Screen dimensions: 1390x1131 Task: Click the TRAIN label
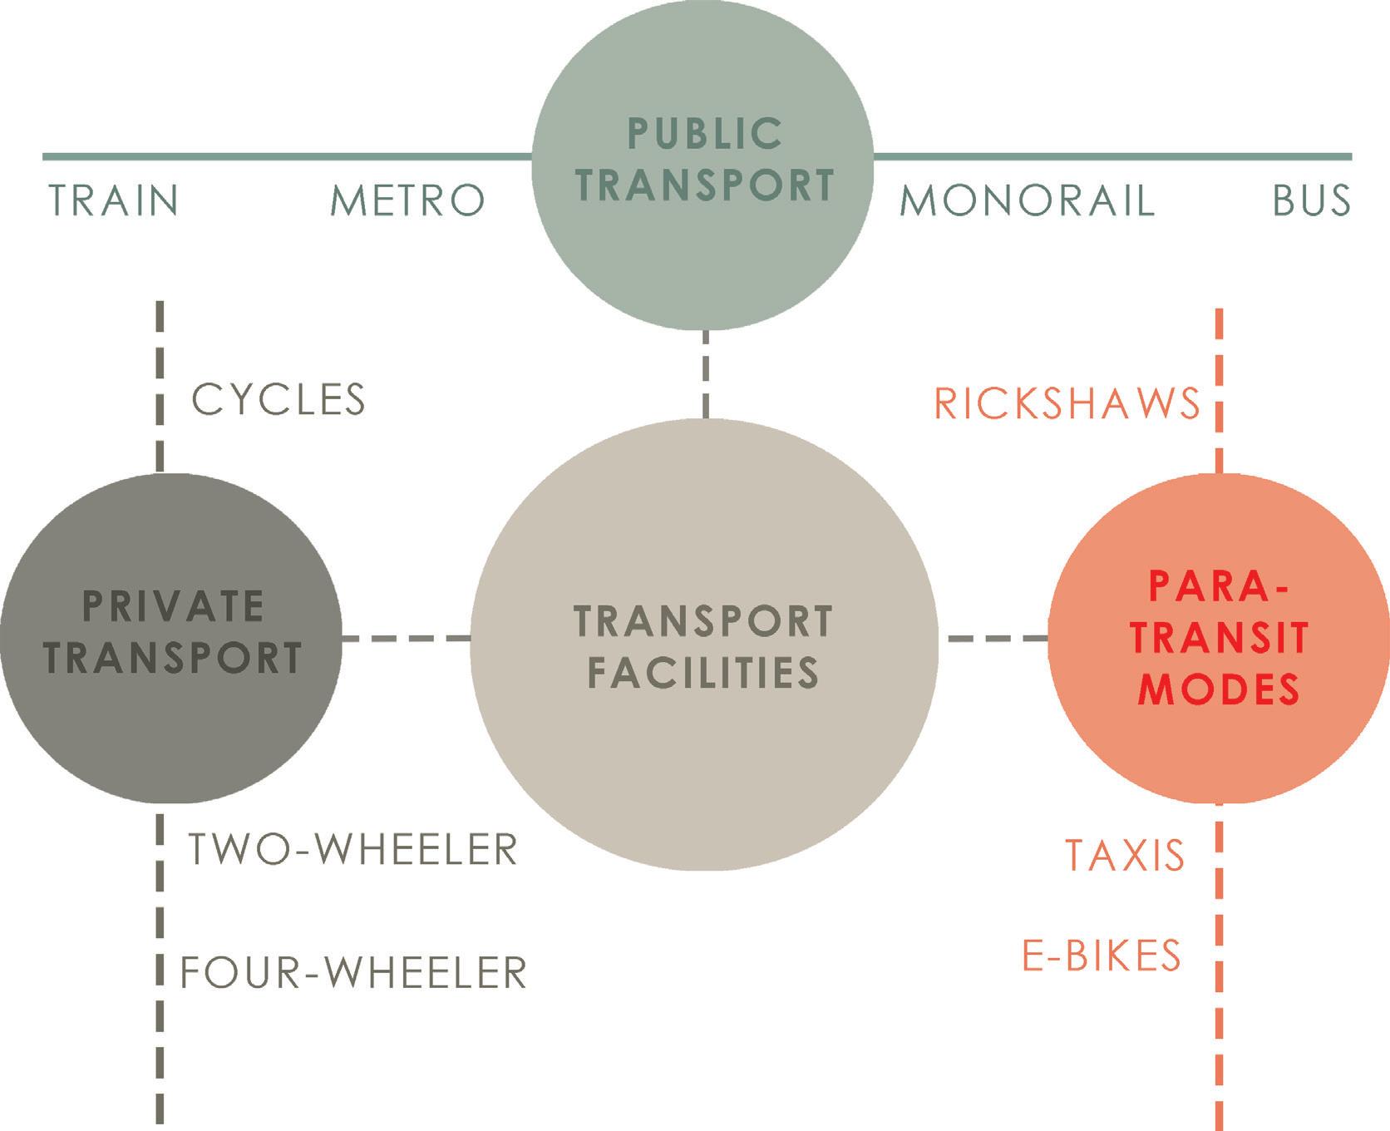click(114, 201)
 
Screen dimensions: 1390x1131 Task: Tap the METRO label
click(407, 201)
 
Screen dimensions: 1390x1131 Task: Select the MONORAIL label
click(1028, 201)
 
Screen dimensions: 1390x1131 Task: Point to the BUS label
click(1311, 201)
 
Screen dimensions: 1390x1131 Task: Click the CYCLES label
click(278, 400)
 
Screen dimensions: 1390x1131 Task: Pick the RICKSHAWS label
click(1067, 404)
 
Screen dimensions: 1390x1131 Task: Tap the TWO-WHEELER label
click(353, 850)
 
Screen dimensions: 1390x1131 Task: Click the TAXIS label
click(1125, 856)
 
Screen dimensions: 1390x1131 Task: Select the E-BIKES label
click(1102, 956)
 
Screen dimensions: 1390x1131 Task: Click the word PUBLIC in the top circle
click(704, 134)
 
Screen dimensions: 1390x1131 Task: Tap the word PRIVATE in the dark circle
click(174, 605)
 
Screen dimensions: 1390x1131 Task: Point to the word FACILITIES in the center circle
click(703, 673)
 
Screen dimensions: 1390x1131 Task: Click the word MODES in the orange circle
click(1219, 689)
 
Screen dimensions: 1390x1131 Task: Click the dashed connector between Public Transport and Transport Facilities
click(705, 374)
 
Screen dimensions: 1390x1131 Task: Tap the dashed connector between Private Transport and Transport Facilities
click(406, 639)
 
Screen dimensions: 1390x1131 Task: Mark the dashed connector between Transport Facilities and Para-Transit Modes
click(997, 639)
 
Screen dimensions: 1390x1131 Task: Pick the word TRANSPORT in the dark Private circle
click(174, 657)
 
